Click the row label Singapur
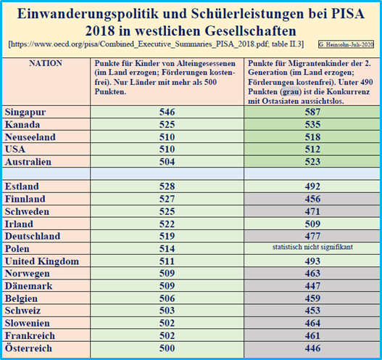pos(25,112)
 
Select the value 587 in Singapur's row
pos(312,112)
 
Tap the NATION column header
pos(46,63)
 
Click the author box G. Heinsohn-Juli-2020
pos(346,44)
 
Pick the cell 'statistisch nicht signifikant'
pos(312,247)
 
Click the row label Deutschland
pos(33,236)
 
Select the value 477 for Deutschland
pos(312,236)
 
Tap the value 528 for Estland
pos(167,187)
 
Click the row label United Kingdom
pos(42,261)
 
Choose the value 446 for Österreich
pos(312,348)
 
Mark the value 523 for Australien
pos(312,162)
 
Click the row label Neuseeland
pos(30,137)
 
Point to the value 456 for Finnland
pos(312,199)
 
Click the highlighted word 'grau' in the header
pos(291,91)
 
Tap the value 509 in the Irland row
pos(312,224)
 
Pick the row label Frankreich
pos(30,335)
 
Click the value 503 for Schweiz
pos(167,311)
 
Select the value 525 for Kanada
pos(167,125)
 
